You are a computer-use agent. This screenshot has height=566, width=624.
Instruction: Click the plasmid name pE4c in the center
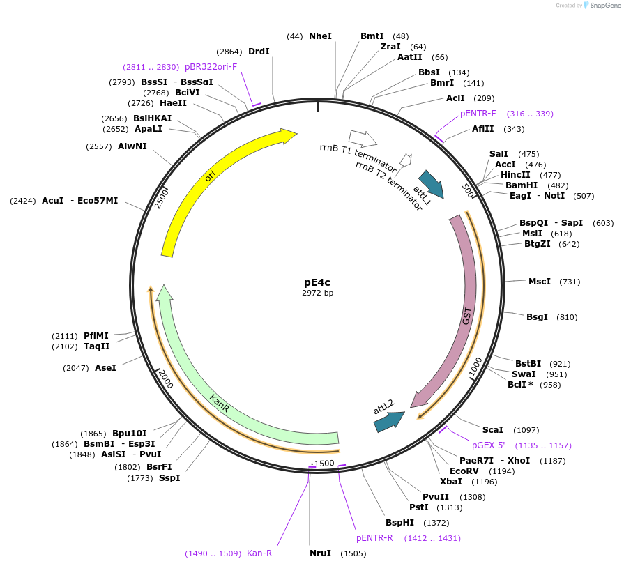317,282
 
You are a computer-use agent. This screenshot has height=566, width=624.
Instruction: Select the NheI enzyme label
320,36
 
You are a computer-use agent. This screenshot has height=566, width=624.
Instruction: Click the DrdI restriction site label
259,52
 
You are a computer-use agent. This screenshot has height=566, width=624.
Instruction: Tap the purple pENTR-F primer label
478,113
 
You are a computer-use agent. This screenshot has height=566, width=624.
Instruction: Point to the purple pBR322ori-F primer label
211,67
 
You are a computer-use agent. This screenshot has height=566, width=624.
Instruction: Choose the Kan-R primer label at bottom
259,553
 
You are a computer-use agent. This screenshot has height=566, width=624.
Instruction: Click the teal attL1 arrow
430,184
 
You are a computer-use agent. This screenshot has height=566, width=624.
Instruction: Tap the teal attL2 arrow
388,420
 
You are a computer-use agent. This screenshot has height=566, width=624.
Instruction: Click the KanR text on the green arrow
220,402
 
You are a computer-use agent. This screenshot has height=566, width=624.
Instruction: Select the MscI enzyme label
539,282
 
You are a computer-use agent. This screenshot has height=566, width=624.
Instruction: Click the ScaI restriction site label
492,430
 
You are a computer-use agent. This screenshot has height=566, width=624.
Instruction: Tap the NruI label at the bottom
320,553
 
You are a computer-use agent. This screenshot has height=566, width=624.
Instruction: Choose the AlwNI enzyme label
132,146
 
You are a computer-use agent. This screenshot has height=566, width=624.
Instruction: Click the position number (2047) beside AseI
75,367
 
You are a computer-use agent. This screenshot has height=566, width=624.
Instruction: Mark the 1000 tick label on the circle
475,369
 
